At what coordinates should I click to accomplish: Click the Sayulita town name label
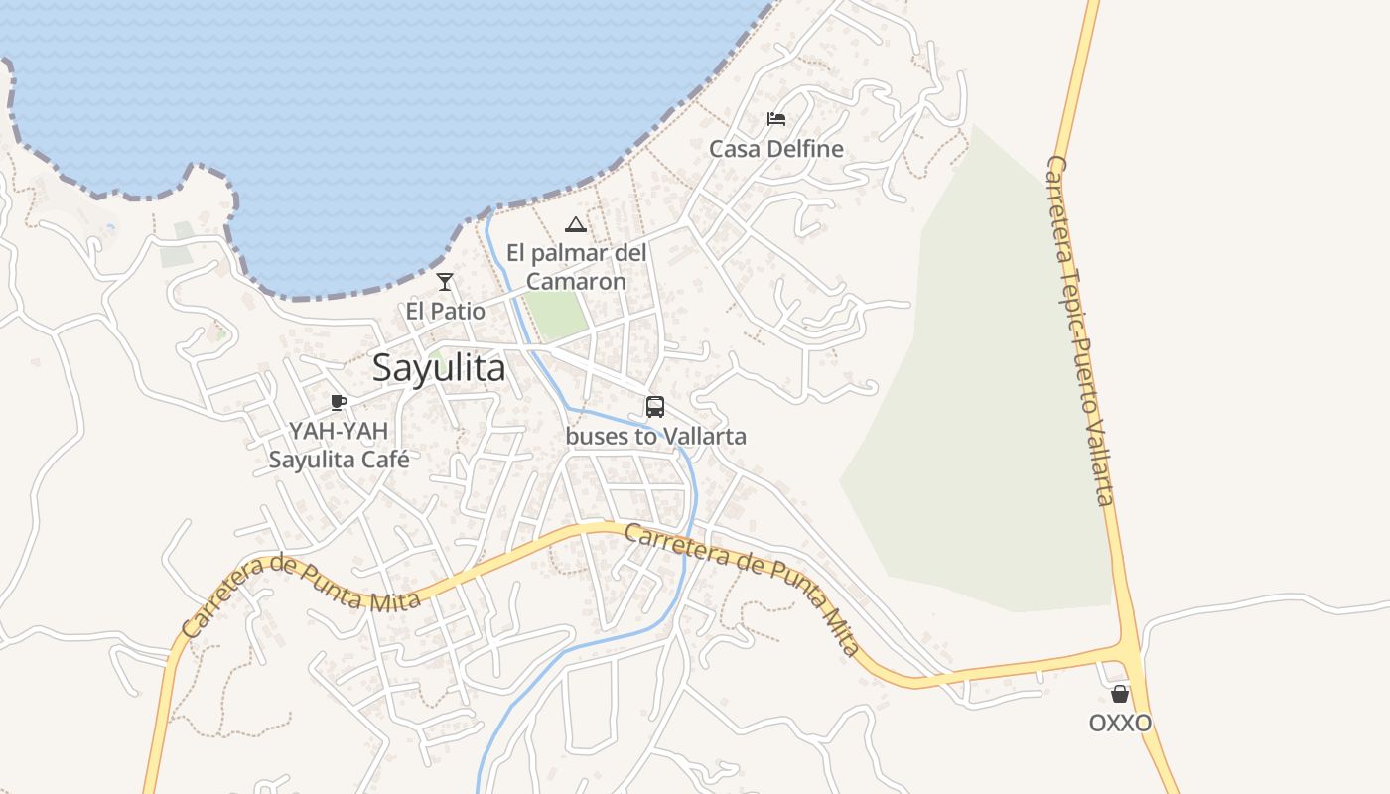[x=439, y=368]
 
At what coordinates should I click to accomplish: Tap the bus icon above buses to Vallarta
[x=655, y=407]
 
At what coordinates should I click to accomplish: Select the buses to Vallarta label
[x=655, y=436]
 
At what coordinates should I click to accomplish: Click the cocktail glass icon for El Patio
[x=445, y=282]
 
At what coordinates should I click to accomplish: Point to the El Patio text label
[x=446, y=312]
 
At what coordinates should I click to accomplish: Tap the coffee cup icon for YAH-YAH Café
[x=338, y=402]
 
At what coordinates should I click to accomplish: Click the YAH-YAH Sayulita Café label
[x=339, y=446]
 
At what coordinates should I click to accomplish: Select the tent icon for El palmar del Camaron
[x=576, y=224]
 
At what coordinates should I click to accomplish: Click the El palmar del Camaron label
[x=576, y=267]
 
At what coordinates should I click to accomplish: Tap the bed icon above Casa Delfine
[x=776, y=120]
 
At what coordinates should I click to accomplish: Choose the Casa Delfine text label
[x=776, y=149]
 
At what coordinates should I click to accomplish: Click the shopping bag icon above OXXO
[x=1120, y=694]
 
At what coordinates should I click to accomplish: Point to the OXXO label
[x=1121, y=723]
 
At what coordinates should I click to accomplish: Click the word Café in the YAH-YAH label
[x=385, y=460]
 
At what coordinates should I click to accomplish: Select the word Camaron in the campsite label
[x=576, y=281]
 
